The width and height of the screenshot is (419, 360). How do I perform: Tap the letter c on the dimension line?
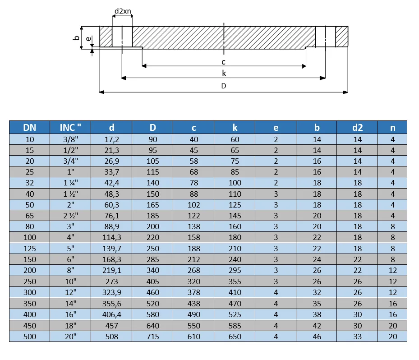click(x=223, y=62)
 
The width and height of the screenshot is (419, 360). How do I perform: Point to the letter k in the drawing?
click(x=224, y=74)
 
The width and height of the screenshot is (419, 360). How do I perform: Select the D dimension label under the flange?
click(x=223, y=86)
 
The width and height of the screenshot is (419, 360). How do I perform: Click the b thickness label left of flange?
click(x=76, y=38)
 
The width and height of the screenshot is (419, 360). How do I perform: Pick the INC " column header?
click(x=70, y=128)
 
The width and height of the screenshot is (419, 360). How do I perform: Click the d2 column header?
click(x=357, y=128)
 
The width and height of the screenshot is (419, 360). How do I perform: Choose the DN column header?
click(x=29, y=128)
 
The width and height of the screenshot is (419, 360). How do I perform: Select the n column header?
click(x=392, y=128)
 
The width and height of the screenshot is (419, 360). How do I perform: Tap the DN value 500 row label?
click(x=29, y=336)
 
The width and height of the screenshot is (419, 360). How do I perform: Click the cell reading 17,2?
click(x=111, y=139)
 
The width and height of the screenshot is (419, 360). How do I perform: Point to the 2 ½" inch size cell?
click(x=70, y=216)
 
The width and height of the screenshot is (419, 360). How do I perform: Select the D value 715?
click(x=153, y=336)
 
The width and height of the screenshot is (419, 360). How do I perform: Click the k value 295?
click(x=235, y=270)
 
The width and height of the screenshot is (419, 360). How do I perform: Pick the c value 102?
click(x=194, y=205)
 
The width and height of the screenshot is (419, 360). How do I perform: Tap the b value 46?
click(x=317, y=336)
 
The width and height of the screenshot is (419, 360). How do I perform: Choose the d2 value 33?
click(x=357, y=336)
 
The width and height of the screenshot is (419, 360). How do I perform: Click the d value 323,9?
click(x=111, y=292)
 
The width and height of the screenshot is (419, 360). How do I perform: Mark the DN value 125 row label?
click(x=29, y=249)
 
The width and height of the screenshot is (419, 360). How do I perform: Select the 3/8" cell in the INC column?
click(x=70, y=139)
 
